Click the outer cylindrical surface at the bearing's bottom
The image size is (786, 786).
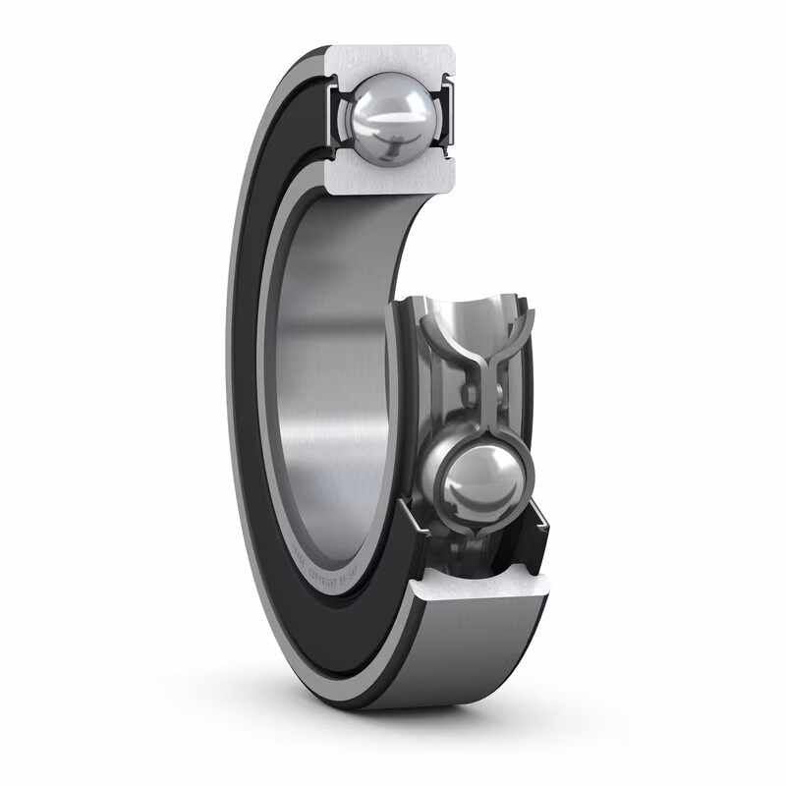click(472, 658)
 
